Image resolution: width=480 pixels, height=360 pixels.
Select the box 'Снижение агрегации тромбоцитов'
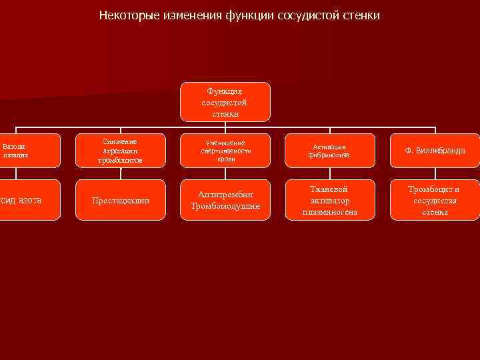[120, 151]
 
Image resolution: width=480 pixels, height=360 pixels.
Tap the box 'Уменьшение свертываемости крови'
[225, 151]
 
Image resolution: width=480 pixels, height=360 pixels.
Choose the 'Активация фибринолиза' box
[329, 151]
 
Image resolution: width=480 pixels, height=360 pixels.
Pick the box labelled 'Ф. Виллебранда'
[435, 151]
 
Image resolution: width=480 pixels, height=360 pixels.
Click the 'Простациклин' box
[120, 200]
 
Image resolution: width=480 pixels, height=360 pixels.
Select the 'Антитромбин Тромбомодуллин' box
[225, 200]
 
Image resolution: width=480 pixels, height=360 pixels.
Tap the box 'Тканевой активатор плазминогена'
[329, 200]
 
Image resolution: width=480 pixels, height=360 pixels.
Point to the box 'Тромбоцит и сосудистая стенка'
[435, 200]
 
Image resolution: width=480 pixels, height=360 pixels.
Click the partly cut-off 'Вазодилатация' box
[16, 151]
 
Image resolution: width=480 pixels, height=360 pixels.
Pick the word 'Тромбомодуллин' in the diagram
[225, 206]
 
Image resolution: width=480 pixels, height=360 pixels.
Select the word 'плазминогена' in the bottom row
[329, 212]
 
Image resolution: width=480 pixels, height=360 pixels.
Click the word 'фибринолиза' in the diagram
[329, 155]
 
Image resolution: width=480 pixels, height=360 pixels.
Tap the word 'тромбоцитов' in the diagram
[120, 161]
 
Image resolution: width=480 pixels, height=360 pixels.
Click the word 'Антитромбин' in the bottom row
[225, 195]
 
